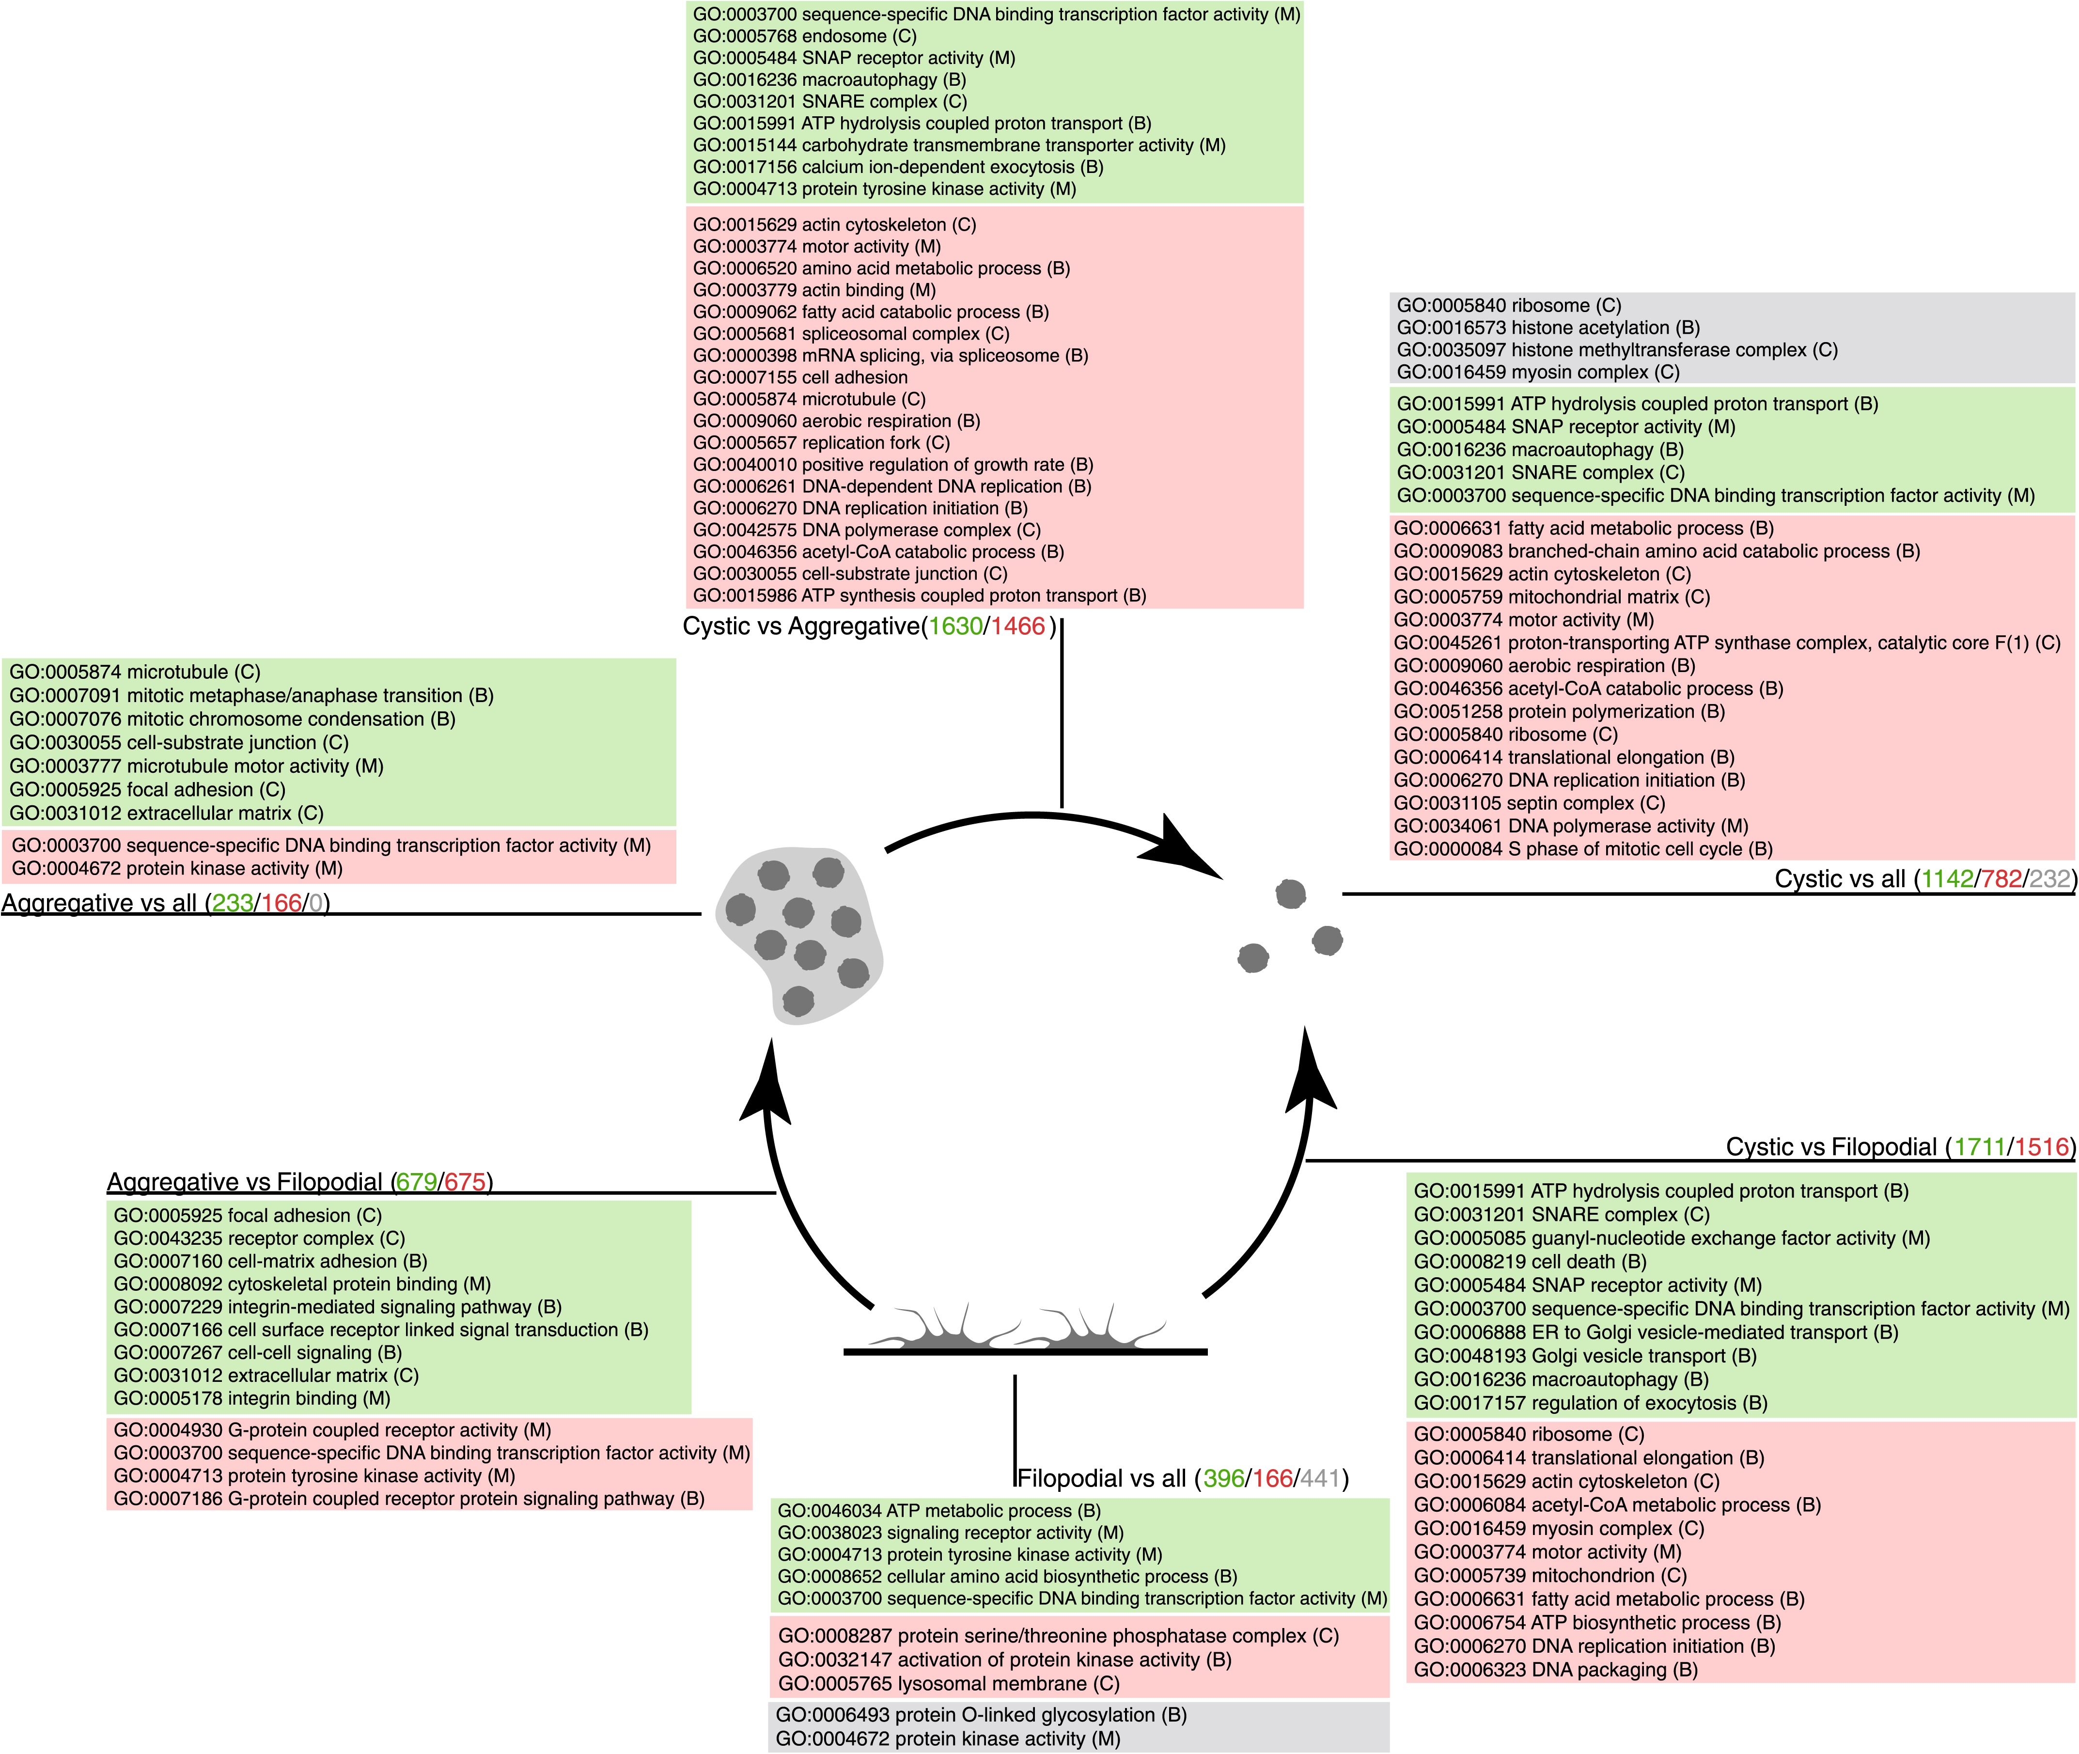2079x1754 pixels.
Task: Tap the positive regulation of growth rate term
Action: tap(893, 464)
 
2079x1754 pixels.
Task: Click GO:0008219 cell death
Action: tap(1530, 1262)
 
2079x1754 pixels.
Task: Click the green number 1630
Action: tap(954, 626)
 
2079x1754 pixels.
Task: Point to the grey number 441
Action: tap(1319, 1479)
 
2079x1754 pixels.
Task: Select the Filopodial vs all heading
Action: tap(1102, 1479)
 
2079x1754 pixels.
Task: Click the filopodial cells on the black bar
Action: tap(1024, 1331)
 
